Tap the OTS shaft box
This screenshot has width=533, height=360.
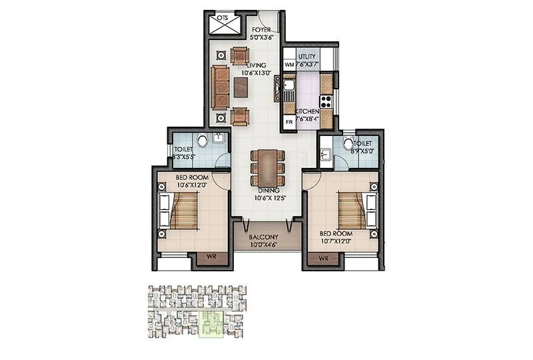[222, 24]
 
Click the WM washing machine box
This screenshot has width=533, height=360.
[288, 65]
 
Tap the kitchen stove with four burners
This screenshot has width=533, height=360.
[326, 102]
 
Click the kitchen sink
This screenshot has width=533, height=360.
[289, 88]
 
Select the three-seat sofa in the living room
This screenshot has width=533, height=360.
[219, 87]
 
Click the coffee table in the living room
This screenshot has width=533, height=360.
[241, 86]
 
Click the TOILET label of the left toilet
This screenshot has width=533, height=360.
[183, 150]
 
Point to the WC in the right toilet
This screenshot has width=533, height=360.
[348, 144]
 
